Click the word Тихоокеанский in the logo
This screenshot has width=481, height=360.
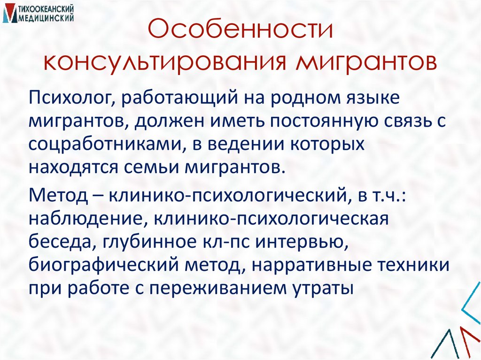click(45, 9)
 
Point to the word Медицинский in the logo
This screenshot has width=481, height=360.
click(45, 18)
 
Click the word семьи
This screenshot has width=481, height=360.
click(155, 167)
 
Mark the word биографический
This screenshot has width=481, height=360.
click(95, 264)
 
